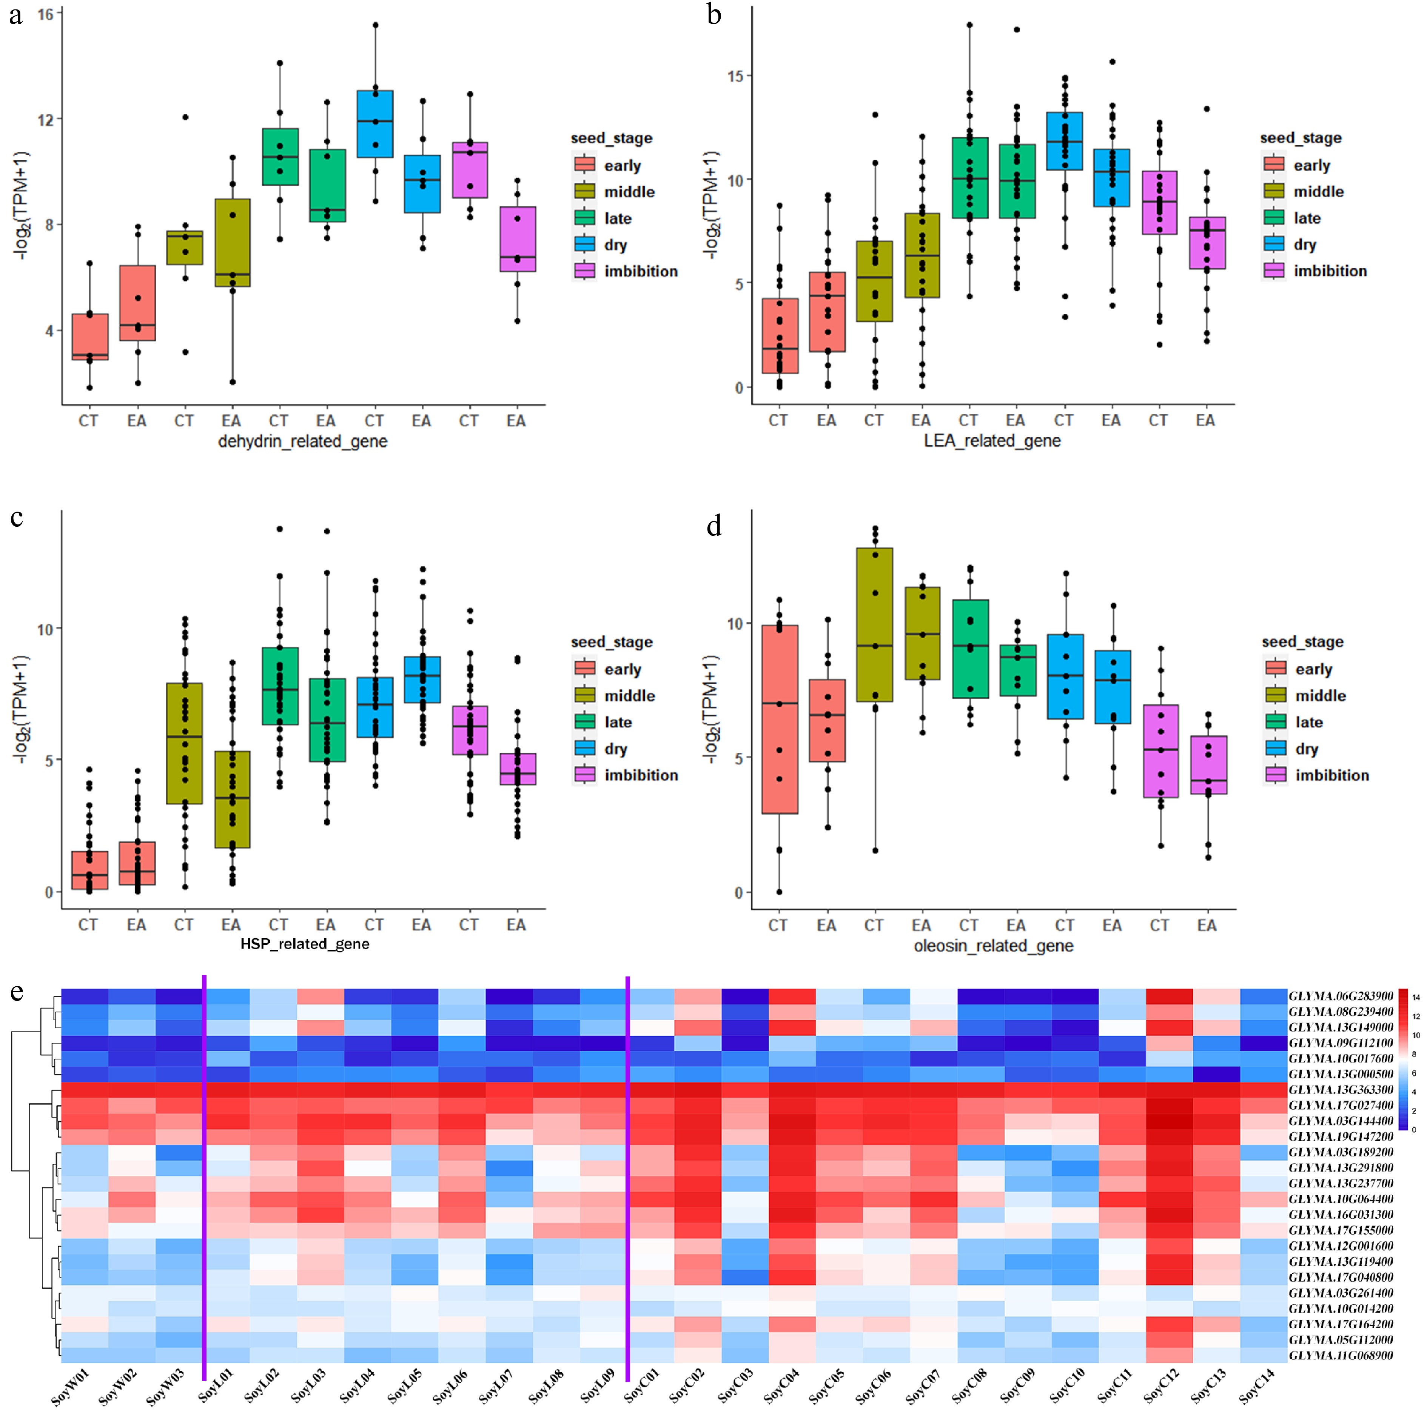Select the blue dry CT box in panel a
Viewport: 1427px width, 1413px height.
pos(374,124)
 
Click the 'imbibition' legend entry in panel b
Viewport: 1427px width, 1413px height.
pos(1330,271)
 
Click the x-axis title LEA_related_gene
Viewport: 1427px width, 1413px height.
pos(992,441)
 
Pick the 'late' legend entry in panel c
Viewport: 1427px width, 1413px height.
pos(618,722)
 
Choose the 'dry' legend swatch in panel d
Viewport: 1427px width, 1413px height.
pos(1275,749)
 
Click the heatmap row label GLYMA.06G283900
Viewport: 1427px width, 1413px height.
pos(1341,996)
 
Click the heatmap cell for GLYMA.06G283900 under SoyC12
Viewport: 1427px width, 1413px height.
pos(1169,996)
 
